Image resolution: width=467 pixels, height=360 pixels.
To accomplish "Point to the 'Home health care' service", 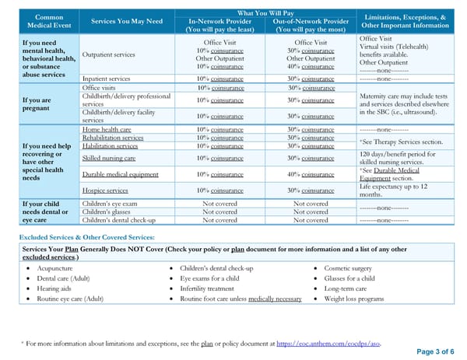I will pos(107,129).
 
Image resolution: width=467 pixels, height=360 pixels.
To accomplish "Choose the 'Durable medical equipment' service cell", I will pos(121,174).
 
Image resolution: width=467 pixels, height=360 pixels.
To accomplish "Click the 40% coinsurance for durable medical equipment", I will pos(311,174).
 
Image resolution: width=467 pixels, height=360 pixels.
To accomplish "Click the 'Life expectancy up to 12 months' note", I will pos(393,190).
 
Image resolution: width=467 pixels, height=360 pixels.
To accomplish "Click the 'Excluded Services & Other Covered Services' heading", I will pos(86,236).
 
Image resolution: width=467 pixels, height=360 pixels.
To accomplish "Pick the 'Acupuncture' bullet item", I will pos(54,267).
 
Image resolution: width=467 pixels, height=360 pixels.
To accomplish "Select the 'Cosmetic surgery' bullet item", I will pos(348,267).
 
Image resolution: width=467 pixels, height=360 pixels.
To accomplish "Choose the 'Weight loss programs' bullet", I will pos(353,298).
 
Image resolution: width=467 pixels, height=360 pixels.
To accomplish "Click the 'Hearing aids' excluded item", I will pos(55,288).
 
